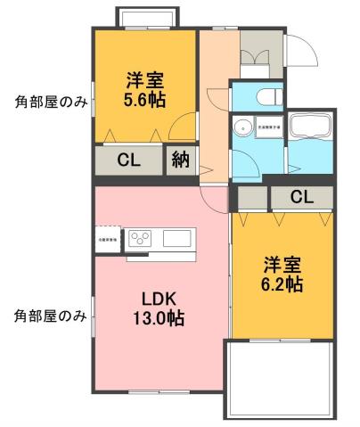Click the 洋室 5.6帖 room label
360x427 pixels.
146,87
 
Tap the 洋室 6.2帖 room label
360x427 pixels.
281,275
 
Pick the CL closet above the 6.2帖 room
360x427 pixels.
299,197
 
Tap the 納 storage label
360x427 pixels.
181,161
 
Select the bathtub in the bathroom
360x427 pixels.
311,128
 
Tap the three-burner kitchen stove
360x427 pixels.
143,239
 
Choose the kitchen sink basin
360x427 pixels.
176,239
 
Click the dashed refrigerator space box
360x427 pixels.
106,241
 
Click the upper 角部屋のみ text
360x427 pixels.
50,101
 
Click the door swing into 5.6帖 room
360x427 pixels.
184,128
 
